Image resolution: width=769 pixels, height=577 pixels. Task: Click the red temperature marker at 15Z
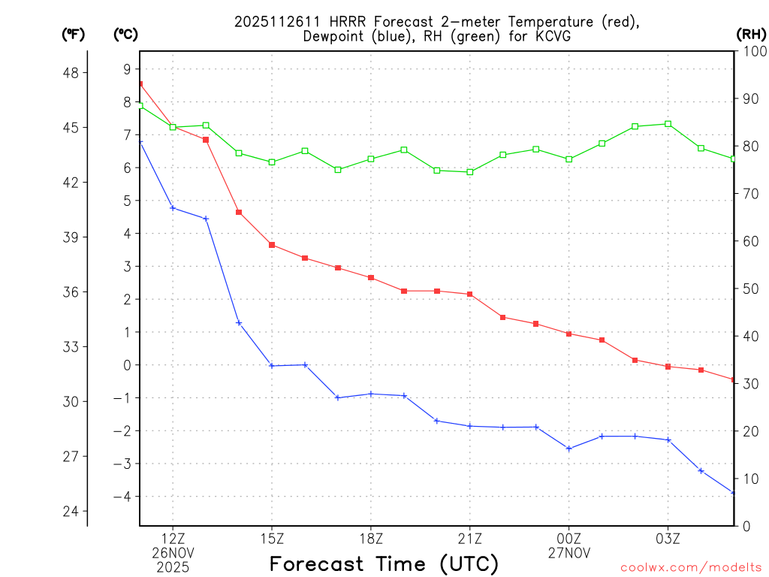click(x=272, y=245)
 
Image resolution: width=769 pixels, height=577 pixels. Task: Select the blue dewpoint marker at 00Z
click(x=569, y=449)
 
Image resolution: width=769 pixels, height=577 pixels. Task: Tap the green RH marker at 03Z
click(x=668, y=124)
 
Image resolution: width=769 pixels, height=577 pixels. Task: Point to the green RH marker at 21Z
click(x=470, y=172)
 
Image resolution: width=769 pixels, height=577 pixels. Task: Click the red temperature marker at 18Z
click(x=371, y=278)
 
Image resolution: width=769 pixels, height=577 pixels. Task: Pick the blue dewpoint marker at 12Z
click(x=173, y=208)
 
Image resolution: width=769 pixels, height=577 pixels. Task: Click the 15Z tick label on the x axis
click(x=272, y=538)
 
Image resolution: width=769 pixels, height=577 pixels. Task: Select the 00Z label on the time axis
click(x=569, y=538)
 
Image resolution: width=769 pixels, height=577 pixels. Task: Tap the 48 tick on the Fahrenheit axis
click(x=75, y=73)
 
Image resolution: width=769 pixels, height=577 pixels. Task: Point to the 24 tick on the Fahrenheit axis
click(x=75, y=512)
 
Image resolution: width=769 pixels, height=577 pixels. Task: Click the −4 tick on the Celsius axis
click(x=122, y=497)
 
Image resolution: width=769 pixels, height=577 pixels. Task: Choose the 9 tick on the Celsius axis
click(x=127, y=69)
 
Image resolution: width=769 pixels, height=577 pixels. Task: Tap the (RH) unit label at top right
click(x=751, y=34)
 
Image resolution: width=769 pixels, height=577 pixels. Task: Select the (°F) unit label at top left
click(x=73, y=34)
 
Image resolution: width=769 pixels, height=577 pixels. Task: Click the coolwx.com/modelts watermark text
click(x=691, y=567)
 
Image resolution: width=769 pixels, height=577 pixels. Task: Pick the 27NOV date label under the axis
click(x=569, y=552)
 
